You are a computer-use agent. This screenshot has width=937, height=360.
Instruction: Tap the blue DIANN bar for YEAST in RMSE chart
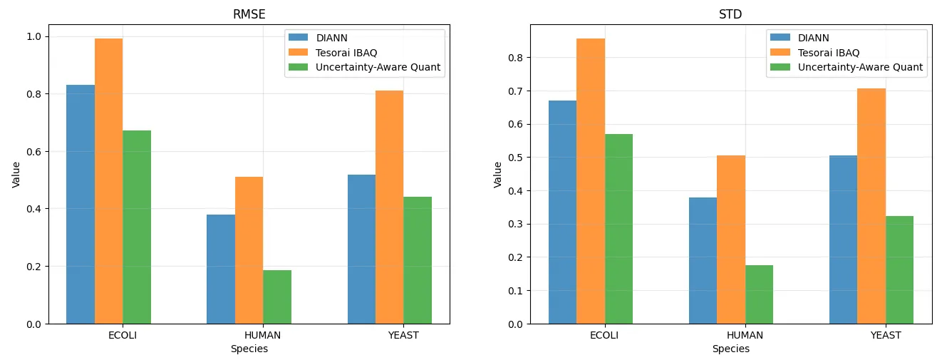pos(361,249)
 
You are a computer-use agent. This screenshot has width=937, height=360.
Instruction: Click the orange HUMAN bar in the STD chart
pos(731,240)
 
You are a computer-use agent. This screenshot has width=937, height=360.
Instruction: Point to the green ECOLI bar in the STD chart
pos(618,229)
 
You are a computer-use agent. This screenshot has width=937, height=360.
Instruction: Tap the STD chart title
pos(731,14)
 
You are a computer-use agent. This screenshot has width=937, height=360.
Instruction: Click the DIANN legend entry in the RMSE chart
pos(332,37)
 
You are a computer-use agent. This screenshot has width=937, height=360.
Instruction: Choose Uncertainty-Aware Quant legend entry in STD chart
pos(860,68)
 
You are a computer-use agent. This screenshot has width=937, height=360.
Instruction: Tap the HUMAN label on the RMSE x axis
pos(262,335)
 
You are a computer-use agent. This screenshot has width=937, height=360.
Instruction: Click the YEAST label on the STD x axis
pos(885,335)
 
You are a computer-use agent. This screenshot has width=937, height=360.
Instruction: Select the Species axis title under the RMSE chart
pos(249,349)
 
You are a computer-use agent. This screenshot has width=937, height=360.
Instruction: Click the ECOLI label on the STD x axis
pos(604,335)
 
